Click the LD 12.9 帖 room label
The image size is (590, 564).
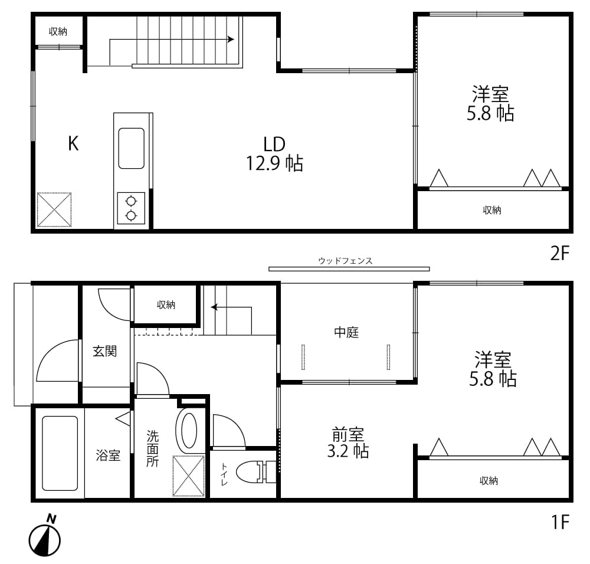coord(274,154)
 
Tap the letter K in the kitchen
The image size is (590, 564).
coord(73,143)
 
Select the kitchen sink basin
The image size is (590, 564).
coord(132,148)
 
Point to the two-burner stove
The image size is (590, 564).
coord(131,208)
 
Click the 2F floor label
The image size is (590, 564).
coord(559,253)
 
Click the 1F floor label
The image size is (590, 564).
coord(560,522)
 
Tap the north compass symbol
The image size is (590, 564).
coord(45,535)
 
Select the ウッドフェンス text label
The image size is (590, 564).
coord(345,261)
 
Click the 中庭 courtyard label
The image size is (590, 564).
coord(346,332)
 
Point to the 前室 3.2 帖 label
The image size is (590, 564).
coord(348,442)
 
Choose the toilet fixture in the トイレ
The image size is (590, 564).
coord(256,472)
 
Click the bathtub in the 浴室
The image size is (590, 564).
coord(60,453)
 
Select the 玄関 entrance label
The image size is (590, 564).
coord(104,352)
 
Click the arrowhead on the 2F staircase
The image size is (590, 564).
coord(231,39)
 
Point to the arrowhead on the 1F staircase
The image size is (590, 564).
coord(214,307)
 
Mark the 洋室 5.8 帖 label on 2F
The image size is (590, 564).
coord(490,103)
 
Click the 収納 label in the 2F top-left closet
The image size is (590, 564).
coord(58,32)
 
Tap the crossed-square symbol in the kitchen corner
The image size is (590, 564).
coord(54,209)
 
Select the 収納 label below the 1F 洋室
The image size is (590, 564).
coord(489,480)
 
